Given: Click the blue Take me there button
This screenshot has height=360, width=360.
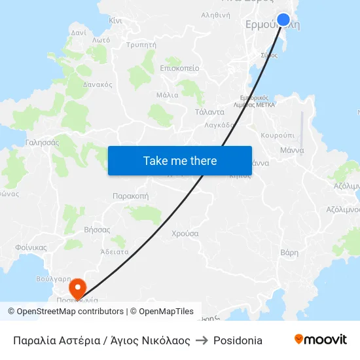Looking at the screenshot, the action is click(180, 160).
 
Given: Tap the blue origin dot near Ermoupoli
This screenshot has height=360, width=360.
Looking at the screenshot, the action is click(283, 20).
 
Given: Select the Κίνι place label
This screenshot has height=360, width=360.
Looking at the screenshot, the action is click(116, 21).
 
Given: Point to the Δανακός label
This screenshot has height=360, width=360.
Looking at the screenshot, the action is click(98, 84).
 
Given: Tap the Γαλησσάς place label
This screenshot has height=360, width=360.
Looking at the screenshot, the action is click(42, 142).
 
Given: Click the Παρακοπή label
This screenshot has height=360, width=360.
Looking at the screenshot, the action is click(130, 196).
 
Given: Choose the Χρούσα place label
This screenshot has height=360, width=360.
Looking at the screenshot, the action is click(185, 234).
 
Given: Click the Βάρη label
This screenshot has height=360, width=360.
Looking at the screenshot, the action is click(289, 253).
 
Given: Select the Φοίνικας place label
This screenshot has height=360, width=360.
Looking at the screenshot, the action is click(31, 247).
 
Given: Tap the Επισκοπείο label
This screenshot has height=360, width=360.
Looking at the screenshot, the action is click(179, 68).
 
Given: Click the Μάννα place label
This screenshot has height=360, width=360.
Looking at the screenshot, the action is click(292, 150).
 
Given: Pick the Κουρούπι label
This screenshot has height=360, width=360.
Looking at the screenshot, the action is click(278, 135).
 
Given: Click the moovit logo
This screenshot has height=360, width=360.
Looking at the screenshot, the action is click(320, 340).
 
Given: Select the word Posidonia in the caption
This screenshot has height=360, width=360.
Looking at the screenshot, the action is click(238, 340).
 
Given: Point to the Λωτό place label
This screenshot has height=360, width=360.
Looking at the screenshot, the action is click(101, 40).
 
